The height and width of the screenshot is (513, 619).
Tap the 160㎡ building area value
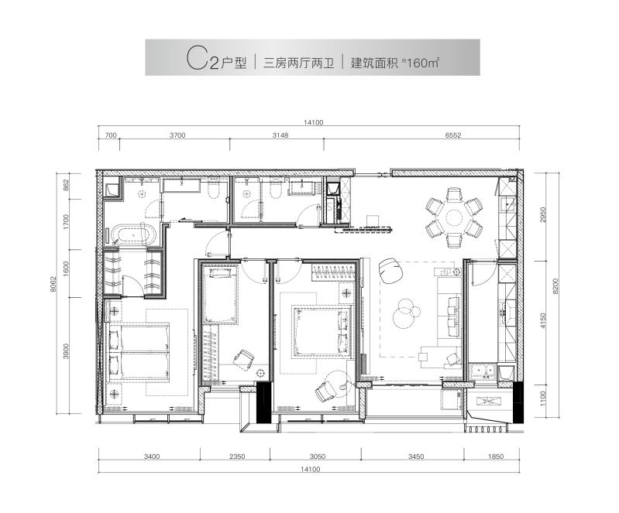coord(422,64)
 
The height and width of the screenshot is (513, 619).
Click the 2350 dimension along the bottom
coord(237,457)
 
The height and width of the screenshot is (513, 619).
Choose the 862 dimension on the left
coord(67,184)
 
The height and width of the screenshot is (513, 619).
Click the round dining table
coord(454,215)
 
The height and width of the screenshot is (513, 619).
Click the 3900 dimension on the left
coord(67,352)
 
